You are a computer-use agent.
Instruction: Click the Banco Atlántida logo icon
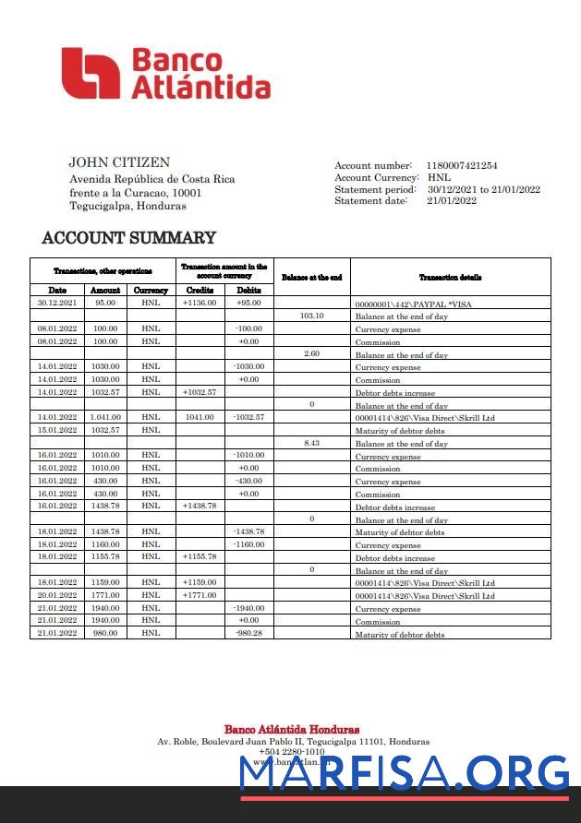pos(91,74)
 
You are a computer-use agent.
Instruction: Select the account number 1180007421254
pos(462,165)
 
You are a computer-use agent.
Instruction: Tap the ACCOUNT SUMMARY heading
pos(129,238)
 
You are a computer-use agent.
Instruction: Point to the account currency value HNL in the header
pos(439,177)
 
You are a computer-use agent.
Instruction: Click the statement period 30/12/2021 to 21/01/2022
pos(483,189)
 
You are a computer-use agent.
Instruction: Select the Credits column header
pos(200,290)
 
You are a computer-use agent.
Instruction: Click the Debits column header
pos(249,290)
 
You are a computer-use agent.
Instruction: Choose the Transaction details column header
pos(450,277)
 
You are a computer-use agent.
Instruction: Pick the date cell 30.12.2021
pos(57,303)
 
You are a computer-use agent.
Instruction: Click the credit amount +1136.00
pos(200,303)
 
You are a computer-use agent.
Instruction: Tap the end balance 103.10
pos(312,316)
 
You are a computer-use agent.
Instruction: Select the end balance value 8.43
pos(312,443)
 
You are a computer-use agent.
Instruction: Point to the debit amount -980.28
pos(249,634)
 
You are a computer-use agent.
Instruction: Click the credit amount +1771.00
pos(200,595)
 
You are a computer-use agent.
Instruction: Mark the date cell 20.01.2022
pos(57,595)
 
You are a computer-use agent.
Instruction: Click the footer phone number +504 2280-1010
pos(291,752)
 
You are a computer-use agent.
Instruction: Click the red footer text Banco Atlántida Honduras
pos(291,730)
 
